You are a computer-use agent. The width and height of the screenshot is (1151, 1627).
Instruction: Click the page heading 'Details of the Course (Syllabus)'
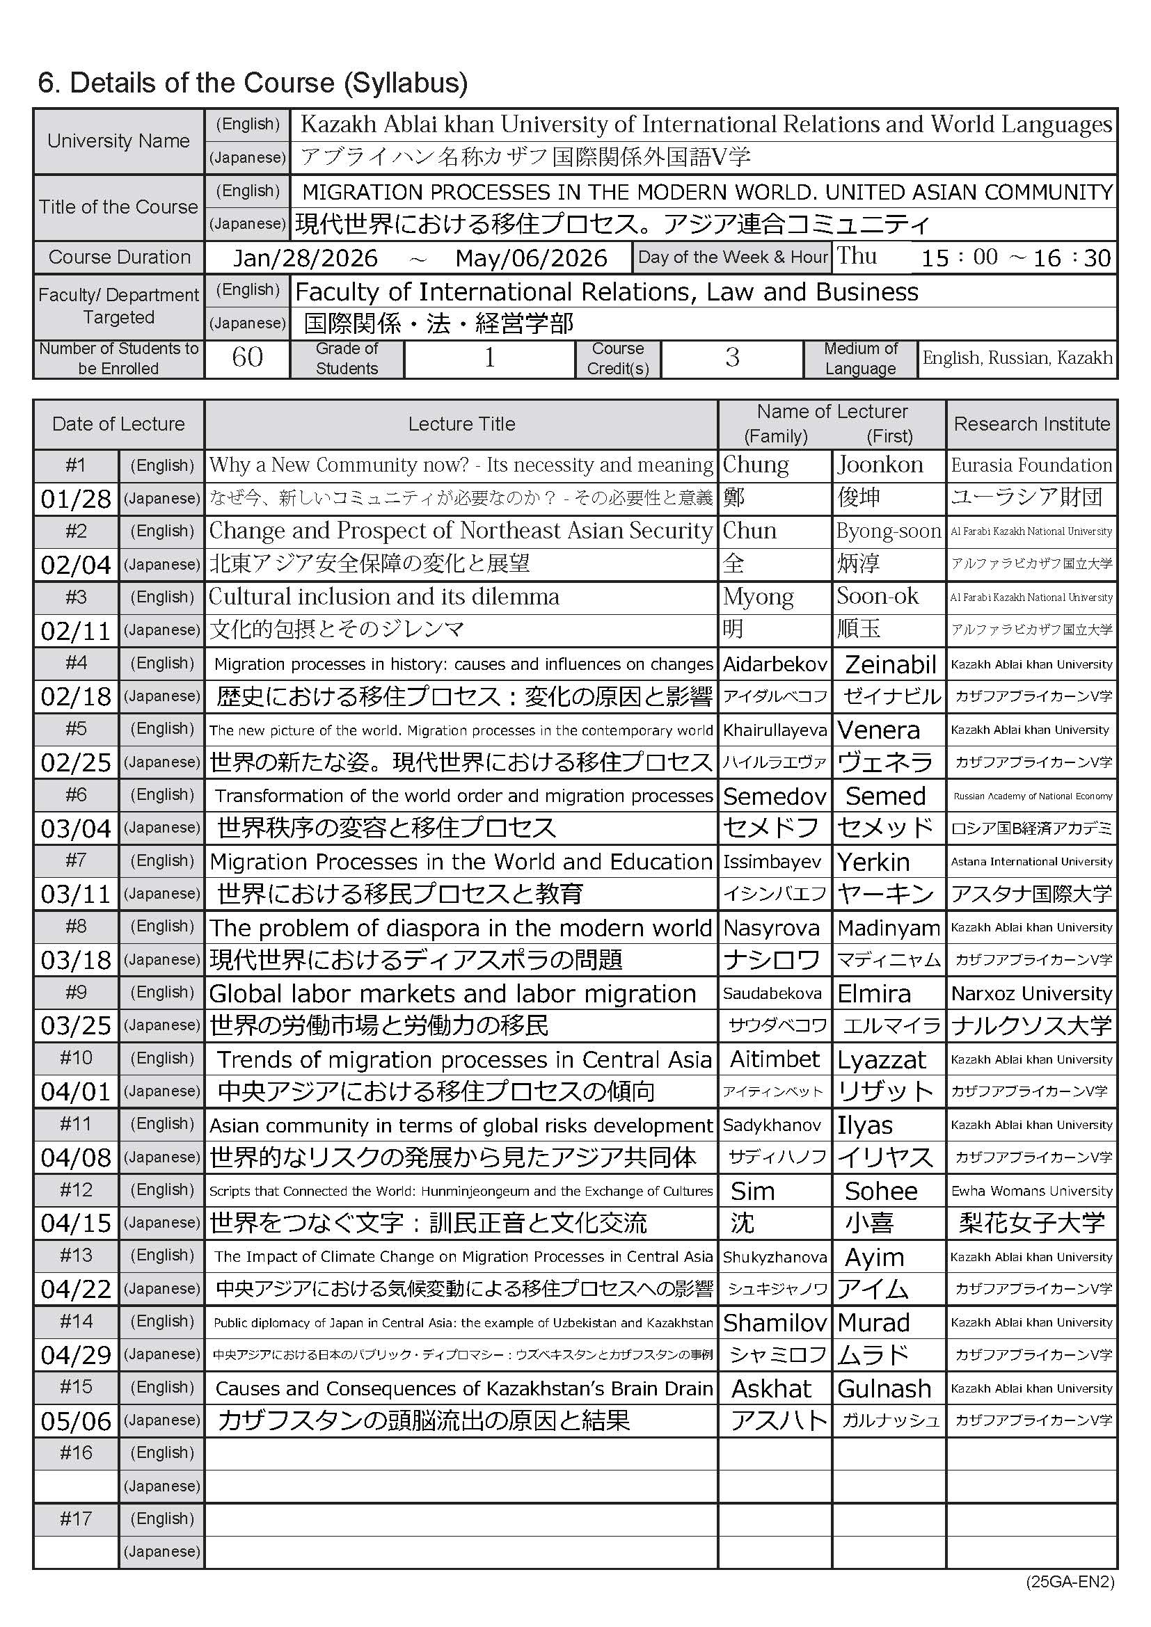(x=253, y=83)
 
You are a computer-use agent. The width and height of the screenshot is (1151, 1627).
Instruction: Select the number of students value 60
(x=246, y=358)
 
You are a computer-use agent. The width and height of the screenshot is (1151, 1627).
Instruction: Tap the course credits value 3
(x=732, y=358)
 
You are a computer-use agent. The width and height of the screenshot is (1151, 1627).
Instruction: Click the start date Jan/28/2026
(x=305, y=258)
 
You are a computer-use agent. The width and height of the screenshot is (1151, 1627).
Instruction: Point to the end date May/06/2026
(x=531, y=258)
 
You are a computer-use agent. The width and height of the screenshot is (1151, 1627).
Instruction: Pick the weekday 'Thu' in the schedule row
(x=857, y=256)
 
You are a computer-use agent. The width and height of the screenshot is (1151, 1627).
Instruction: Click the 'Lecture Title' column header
(x=461, y=424)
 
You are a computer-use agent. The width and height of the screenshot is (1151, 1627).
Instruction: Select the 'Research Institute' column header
(x=1032, y=424)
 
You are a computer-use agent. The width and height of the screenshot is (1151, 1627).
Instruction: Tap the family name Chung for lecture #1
(x=756, y=465)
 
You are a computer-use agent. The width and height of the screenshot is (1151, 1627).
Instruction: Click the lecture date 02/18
(x=76, y=696)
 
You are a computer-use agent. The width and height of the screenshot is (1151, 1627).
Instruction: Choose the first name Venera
(x=879, y=730)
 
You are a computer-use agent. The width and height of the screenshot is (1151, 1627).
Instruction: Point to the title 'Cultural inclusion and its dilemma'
(x=384, y=597)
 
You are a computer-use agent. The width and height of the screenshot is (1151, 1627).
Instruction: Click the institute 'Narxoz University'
(x=1032, y=993)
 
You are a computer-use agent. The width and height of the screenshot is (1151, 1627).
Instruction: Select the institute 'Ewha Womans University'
(x=1032, y=1190)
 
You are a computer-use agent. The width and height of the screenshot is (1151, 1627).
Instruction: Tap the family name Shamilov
(x=775, y=1322)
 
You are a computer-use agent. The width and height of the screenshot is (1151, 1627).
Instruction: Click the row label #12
(x=76, y=1189)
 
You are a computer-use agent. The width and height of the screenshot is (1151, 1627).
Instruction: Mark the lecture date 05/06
(x=76, y=1421)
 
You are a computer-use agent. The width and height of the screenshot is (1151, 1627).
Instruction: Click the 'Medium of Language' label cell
(x=860, y=358)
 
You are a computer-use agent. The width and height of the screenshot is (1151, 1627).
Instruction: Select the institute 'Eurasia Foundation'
(x=1032, y=465)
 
